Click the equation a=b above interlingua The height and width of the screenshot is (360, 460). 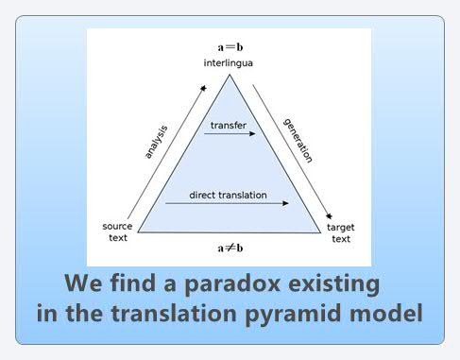pyautogui.click(x=229, y=45)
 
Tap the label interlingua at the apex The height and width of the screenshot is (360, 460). pyautogui.click(x=229, y=63)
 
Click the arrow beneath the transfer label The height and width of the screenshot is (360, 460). pyautogui.click(x=230, y=134)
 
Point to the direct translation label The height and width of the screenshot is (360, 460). pyautogui.click(x=227, y=195)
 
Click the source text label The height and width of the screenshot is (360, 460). pyautogui.click(x=116, y=232)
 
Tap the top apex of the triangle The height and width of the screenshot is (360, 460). pyautogui.click(x=230, y=76)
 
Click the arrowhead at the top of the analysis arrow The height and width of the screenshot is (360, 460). pyautogui.click(x=203, y=87)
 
